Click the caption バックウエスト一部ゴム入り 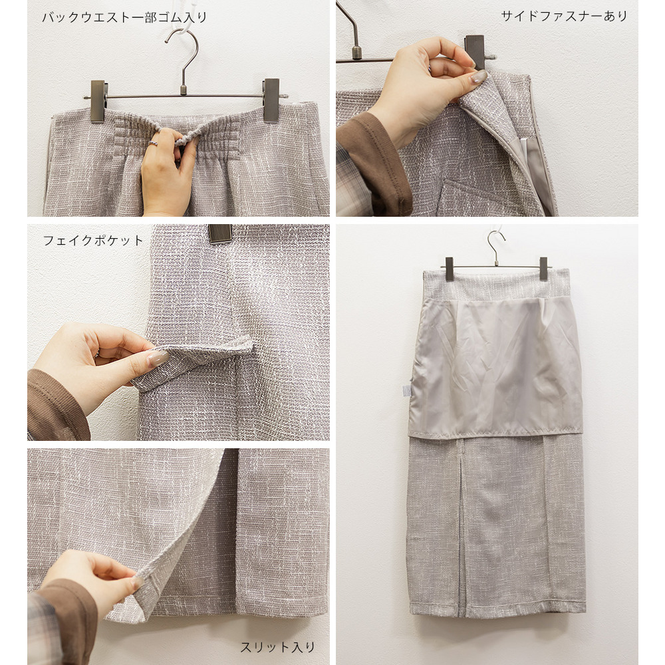pos(124,17)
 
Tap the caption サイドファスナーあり pos(564,16)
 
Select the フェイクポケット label pos(93,241)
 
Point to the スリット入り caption pos(278,647)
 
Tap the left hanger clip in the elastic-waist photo pos(98,101)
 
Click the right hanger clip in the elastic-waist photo pos(271,100)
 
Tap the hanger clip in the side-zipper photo pos(475,51)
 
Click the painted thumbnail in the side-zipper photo pos(479,76)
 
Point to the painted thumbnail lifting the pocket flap pos(158,358)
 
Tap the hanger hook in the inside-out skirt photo pos(495,246)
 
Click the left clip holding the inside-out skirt pos(450,269)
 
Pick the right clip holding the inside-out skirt pos(544,269)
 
